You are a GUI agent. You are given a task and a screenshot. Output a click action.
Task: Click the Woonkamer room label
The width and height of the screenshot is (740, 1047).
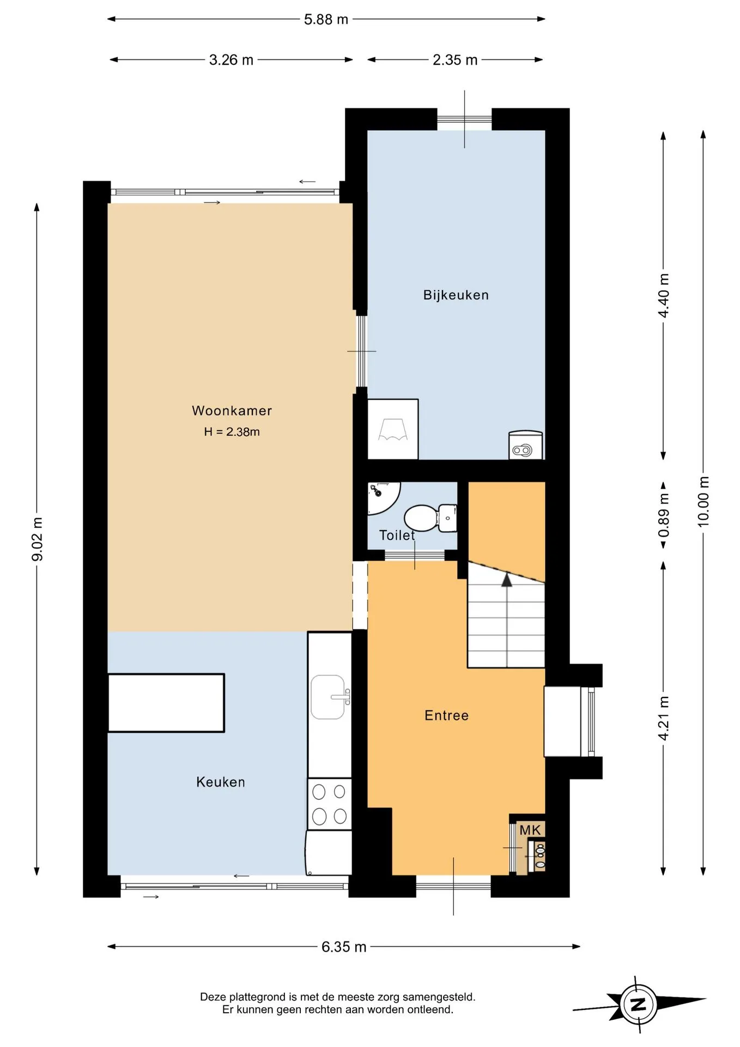click(x=232, y=411)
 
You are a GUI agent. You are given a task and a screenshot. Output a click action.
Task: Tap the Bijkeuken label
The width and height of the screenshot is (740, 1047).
click(x=456, y=295)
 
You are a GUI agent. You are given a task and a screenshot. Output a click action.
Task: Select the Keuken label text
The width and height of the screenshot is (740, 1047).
click(x=221, y=782)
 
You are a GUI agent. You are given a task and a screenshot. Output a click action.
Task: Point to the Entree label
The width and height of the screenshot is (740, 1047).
click(x=446, y=715)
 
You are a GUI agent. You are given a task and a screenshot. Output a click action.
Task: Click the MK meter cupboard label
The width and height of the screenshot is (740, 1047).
click(x=530, y=830)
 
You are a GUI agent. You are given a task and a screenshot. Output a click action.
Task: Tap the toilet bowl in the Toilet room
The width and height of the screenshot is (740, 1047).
click(x=430, y=518)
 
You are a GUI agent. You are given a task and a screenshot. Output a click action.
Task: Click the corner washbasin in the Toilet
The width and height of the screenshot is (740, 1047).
click(x=383, y=497)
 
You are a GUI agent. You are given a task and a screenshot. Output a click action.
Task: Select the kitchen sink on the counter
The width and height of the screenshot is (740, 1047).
click(x=329, y=697)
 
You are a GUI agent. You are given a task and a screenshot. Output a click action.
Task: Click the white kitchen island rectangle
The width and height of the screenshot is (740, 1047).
click(x=166, y=703)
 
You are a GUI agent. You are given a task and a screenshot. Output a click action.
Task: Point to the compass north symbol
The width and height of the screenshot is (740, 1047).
click(x=638, y=1004)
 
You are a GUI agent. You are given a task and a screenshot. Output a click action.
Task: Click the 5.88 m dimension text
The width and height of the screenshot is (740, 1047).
click(x=326, y=20)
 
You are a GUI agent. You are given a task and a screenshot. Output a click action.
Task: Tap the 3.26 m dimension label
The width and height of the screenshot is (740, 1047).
click(x=231, y=60)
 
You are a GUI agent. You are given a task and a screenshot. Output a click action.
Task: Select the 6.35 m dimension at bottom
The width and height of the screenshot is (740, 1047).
click(x=344, y=947)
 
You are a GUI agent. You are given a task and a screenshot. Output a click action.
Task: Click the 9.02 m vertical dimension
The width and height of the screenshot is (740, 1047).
click(x=37, y=539)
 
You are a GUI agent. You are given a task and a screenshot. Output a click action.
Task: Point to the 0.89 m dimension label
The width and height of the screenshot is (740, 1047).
click(x=664, y=522)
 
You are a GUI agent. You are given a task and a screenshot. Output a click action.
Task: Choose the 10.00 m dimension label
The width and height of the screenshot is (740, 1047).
click(x=703, y=502)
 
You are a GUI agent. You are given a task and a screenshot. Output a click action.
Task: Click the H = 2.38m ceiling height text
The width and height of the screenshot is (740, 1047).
click(x=232, y=432)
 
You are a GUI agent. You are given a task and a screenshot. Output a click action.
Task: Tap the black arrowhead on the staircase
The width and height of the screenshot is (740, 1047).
click(x=507, y=580)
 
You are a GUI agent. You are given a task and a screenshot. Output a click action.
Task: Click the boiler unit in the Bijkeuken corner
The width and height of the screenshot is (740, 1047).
click(x=526, y=445)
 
